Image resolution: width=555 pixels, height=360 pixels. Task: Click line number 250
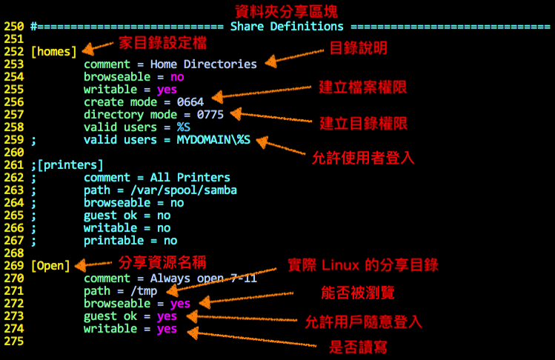[13, 27]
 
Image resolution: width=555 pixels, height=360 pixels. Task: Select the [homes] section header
[54, 52]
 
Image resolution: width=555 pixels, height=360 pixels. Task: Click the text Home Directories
[203, 64]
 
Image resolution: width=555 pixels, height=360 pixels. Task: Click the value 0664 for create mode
[190, 102]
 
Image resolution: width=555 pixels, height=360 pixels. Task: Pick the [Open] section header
[51, 266]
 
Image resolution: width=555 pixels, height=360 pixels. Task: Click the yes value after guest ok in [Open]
[167, 316]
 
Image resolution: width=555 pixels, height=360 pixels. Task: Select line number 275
[13, 341]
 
